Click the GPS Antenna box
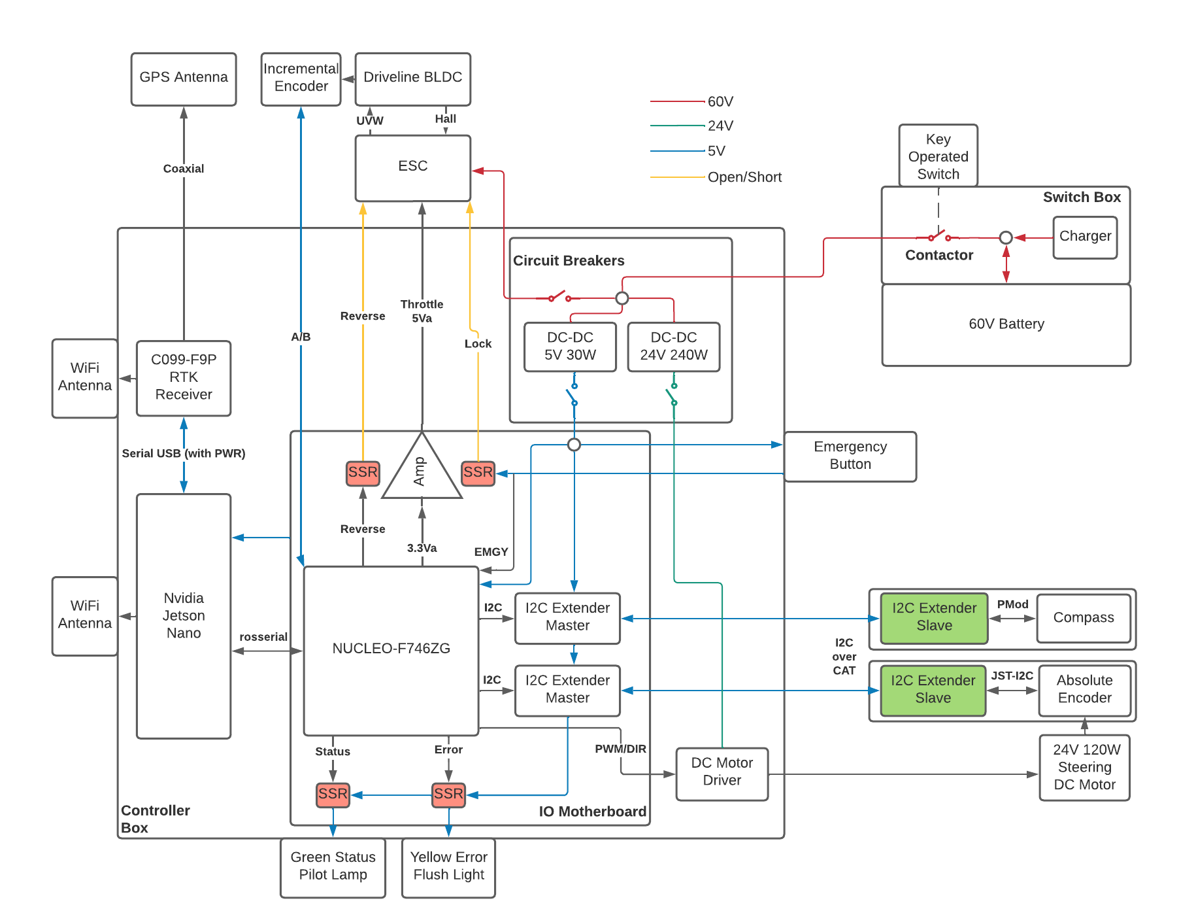pos(184,79)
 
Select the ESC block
pos(412,168)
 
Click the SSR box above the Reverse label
pos(363,473)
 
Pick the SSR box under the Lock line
pos(478,473)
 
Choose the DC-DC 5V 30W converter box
pos(570,347)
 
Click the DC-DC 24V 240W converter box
pos(673,347)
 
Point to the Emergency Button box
pos(850,456)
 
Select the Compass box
pos(1083,618)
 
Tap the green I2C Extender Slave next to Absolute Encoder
pos(933,690)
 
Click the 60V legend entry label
pos(720,102)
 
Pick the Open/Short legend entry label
pos(744,177)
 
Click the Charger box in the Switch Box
pos(1085,237)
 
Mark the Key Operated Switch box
pos(938,156)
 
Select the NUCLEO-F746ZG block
pos(391,649)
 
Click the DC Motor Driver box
pos(722,772)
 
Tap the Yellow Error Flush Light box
pos(448,866)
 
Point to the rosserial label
pos(263,637)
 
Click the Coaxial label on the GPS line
pos(184,169)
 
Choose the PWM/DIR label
pos(620,749)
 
